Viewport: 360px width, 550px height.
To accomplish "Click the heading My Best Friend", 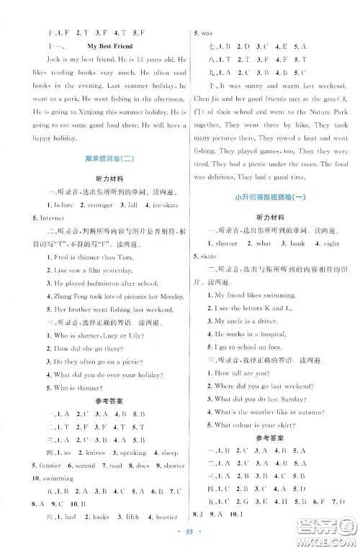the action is (x=106, y=46).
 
